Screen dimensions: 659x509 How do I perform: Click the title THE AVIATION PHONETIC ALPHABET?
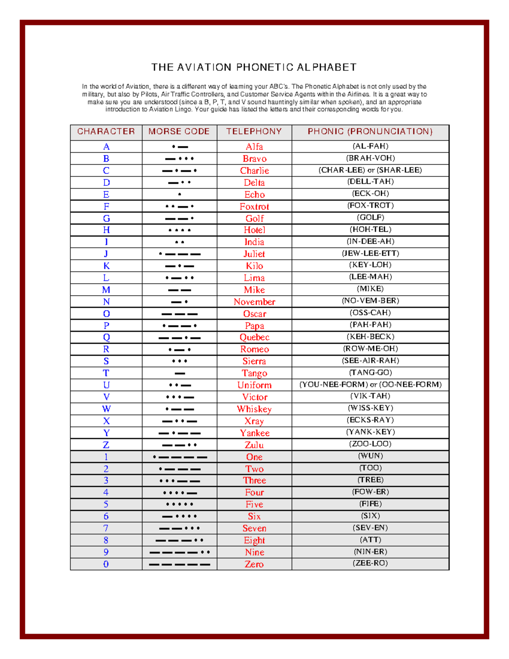(254, 67)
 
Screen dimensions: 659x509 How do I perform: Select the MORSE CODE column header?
(179, 132)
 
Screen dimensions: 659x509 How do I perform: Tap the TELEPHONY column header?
(254, 132)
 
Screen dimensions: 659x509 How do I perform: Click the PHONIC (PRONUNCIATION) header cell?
(370, 132)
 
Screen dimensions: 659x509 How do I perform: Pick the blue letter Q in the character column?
(106, 337)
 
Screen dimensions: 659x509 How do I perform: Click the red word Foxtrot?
(254, 207)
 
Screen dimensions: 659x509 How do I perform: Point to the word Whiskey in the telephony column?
(254, 409)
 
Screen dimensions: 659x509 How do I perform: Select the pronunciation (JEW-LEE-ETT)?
(370, 253)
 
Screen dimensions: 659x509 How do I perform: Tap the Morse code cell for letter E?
(179, 194)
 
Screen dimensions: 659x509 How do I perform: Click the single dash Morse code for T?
(179, 373)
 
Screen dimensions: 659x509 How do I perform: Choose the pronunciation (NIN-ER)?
(370, 552)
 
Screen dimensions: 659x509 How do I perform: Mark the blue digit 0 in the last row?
(106, 564)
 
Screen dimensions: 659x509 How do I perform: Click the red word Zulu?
(254, 445)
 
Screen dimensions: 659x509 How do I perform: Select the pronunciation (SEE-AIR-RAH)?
(370, 360)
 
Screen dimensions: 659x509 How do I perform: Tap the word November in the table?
(254, 302)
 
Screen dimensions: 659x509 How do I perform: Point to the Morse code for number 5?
(179, 505)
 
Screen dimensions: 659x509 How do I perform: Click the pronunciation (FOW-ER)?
(370, 492)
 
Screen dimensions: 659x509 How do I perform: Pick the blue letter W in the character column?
(106, 409)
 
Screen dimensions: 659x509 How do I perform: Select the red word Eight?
(254, 540)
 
